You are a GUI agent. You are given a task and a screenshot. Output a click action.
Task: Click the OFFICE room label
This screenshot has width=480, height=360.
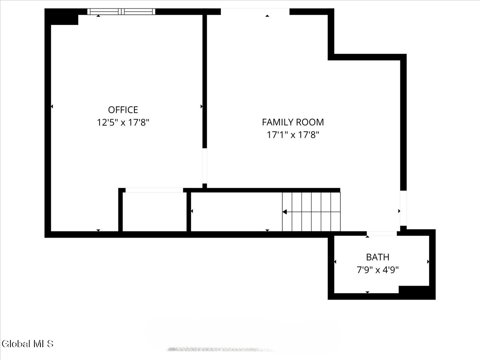[x=123, y=110]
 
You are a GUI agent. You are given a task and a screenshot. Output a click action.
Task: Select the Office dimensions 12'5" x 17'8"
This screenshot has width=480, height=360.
[x=123, y=122]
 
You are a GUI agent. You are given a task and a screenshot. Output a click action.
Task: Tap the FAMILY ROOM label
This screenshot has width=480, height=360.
[x=293, y=122]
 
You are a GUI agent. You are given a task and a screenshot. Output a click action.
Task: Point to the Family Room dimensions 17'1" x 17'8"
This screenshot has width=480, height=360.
[x=293, y=135]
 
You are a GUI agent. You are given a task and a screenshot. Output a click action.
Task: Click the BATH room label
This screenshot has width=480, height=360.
[x=378, y=257]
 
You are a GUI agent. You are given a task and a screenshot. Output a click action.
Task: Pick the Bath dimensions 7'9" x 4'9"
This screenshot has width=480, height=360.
[x=378, y=270]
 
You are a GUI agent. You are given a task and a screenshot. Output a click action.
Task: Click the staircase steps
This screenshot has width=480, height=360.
[x=312, y=212]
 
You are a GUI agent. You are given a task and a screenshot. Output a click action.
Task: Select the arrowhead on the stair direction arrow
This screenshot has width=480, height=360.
[x=285, y=212]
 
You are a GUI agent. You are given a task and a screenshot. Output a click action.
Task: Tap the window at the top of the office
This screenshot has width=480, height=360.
[x=121, y=12]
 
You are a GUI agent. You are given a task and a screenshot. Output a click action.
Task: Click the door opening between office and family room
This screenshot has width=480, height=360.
[x=204, y=166]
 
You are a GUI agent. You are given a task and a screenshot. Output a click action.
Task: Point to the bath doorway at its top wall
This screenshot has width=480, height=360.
[x=382, y=233]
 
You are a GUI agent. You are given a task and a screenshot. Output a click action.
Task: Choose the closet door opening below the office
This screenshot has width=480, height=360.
[x=154, y=190]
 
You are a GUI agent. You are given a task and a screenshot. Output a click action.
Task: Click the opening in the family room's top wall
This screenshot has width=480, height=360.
[x=255, y=12]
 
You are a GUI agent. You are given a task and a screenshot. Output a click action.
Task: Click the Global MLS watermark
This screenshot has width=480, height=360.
[x=27, y=344]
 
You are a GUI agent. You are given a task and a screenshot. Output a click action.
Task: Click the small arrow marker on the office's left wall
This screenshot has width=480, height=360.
[x=52, y=106]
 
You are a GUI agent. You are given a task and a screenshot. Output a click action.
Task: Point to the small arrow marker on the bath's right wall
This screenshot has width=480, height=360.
[x=428, y=262]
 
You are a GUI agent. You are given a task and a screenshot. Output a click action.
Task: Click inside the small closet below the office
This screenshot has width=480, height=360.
[x=154, y=212]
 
